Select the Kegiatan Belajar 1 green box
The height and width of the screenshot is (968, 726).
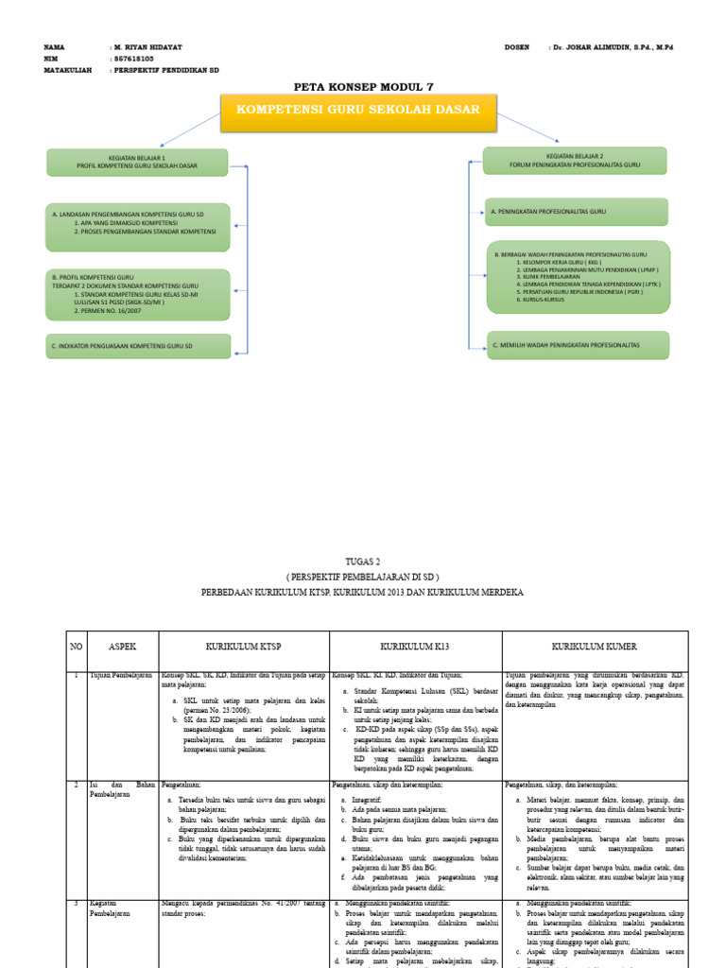(x=137, y=161)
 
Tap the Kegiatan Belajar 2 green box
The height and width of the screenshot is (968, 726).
(x=575, y=160)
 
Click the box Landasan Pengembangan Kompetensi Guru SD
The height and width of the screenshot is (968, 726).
(x=137, y=226)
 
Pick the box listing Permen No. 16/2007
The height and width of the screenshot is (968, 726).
(x=137, y=293)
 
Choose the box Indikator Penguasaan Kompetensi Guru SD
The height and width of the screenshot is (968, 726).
(x=137, y=347)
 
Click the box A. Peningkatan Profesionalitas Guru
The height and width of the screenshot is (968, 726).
(x=575, y=213)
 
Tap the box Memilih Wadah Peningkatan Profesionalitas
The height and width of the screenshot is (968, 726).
(x=575, y=345)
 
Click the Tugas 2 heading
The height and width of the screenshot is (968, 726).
(x=363, y=560)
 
